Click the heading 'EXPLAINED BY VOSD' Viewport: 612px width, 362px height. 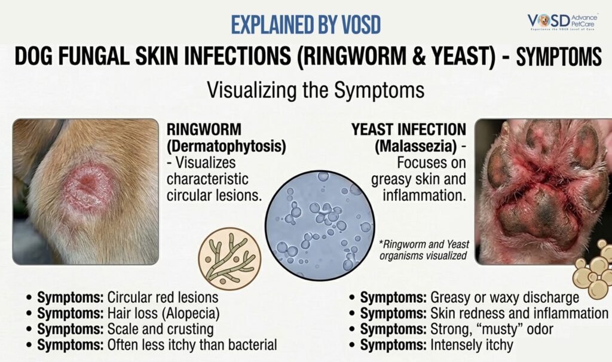point(306,24)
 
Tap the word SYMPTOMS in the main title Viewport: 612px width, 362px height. point(558,58)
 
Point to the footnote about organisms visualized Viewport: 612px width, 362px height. point(423,249)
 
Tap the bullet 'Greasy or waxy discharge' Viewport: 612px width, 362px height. point(470,297)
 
